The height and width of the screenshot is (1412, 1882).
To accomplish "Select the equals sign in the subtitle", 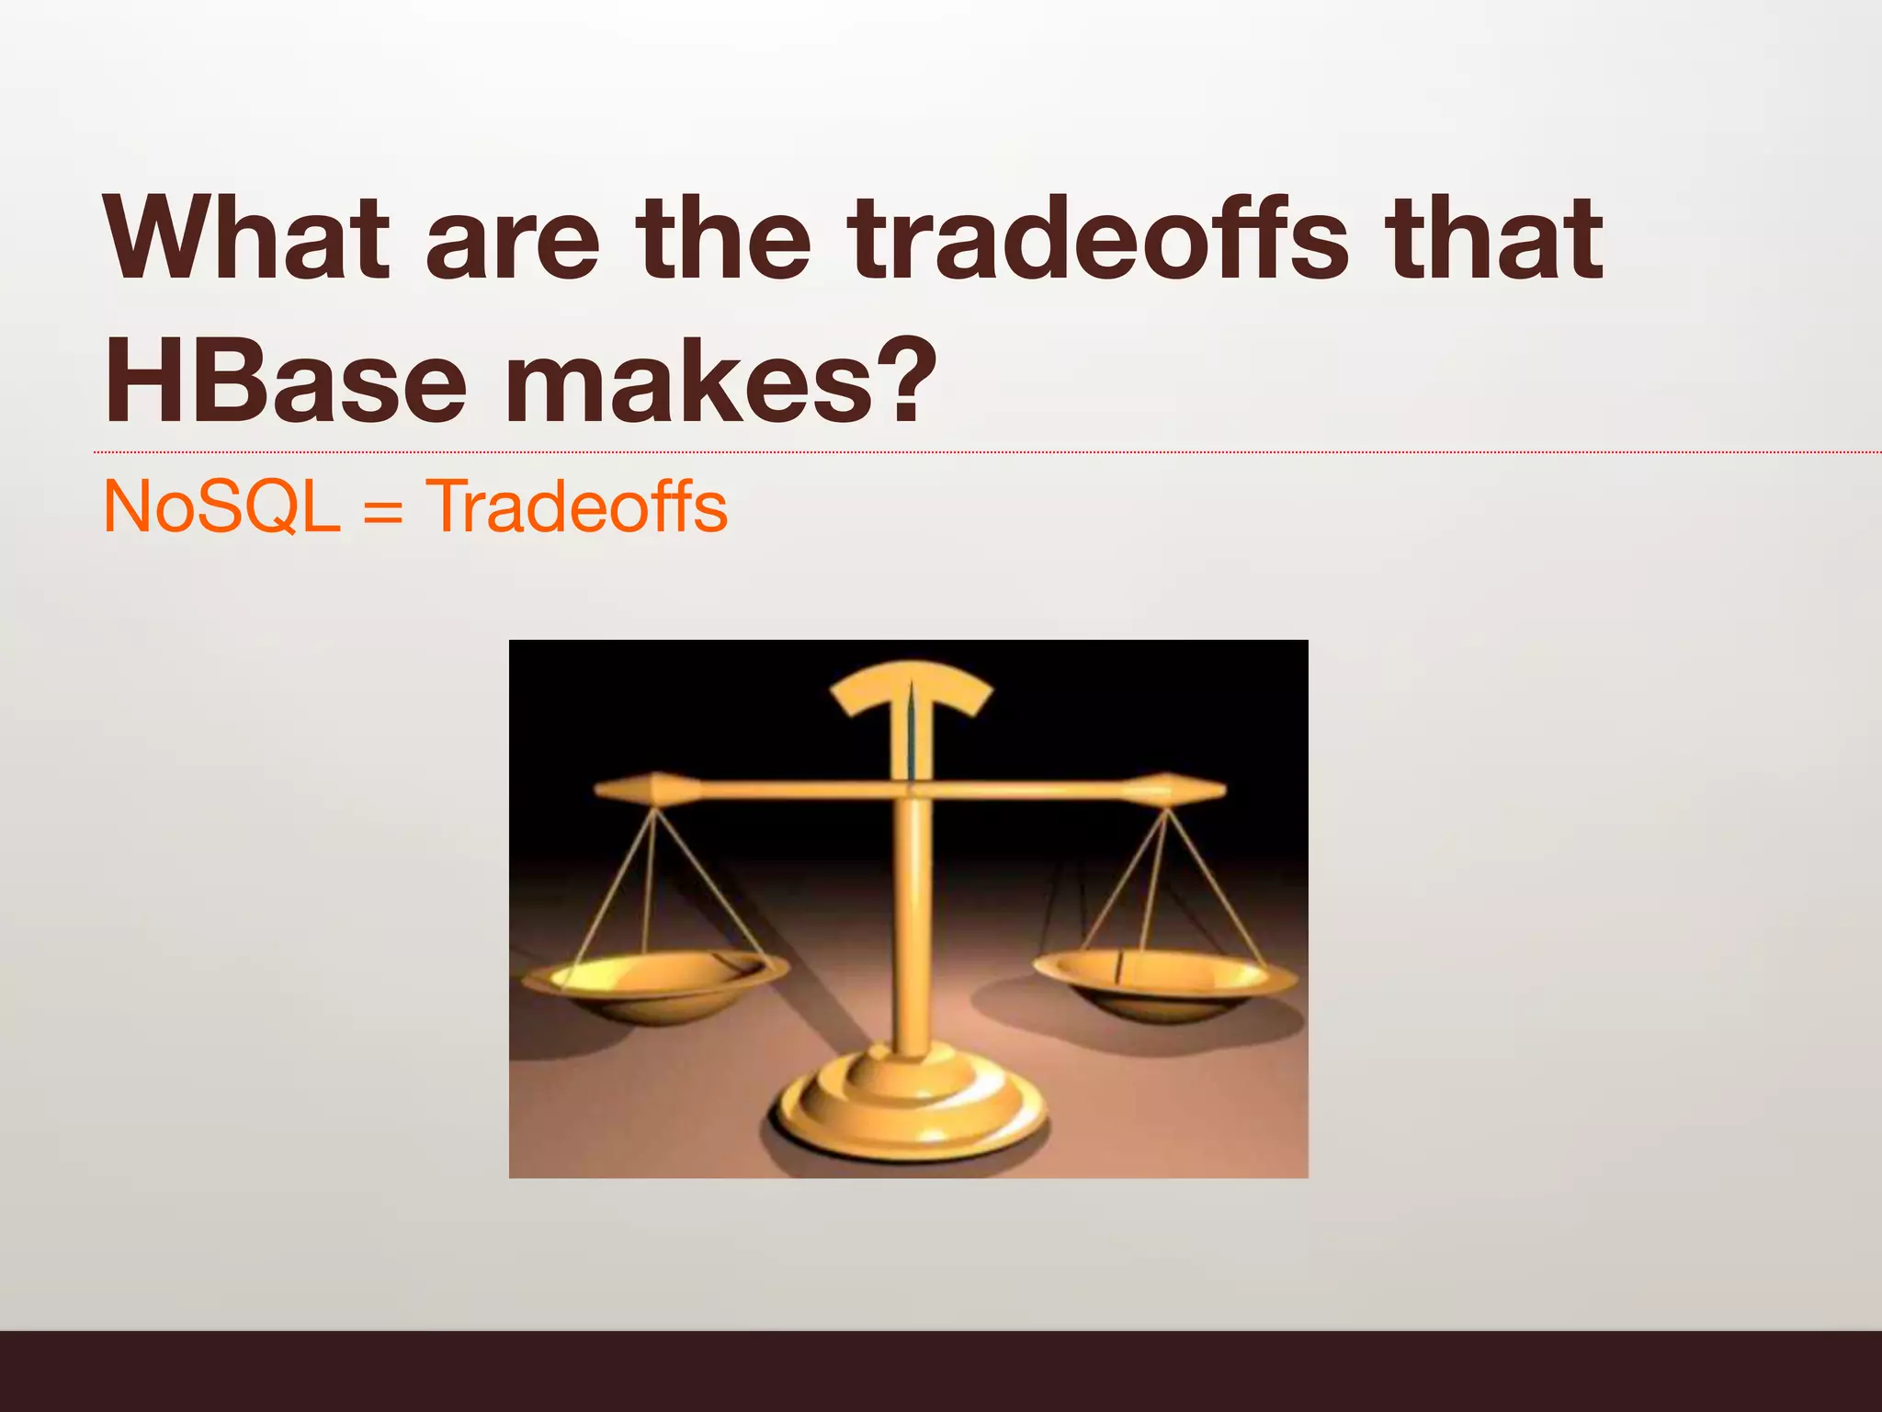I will tap(383, 511).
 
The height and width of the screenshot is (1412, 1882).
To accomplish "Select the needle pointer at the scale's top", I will tap(911, 735).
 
